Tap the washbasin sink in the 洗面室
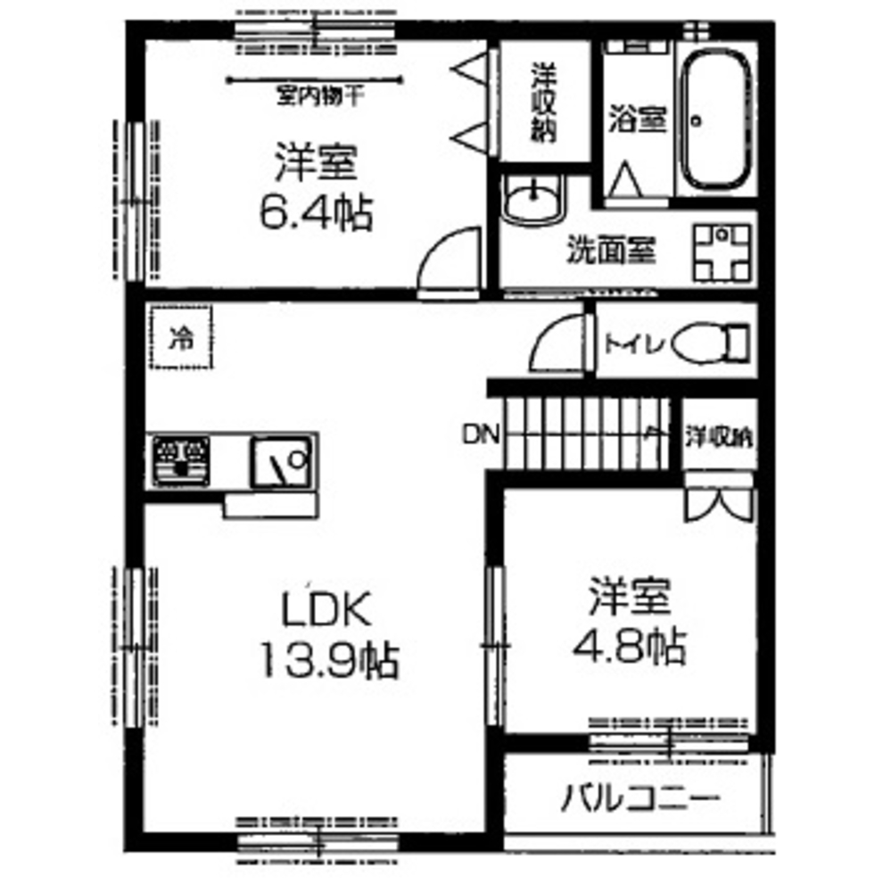coord(532,201)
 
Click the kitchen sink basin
coord(281,460)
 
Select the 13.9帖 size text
coord(328,661)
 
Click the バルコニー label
coord(639,797)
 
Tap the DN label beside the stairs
coord(482,436)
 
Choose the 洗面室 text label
coord(612,252)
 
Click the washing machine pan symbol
coord(722,250)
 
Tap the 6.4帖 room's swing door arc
coord(451,259)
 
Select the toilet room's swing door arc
coord(557,343)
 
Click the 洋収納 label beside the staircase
coord(719,437)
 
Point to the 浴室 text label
coord(638,119)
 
